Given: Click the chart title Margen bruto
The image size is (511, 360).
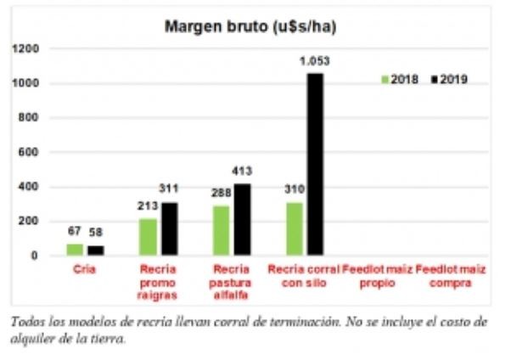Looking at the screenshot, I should coord(250,27).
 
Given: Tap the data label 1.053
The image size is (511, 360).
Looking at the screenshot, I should coord(314,60).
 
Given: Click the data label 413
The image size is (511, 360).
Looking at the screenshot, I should coord(242,171).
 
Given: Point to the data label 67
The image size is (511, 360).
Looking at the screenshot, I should coord(74,231).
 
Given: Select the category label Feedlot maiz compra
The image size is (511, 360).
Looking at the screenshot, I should coord(451,276).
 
